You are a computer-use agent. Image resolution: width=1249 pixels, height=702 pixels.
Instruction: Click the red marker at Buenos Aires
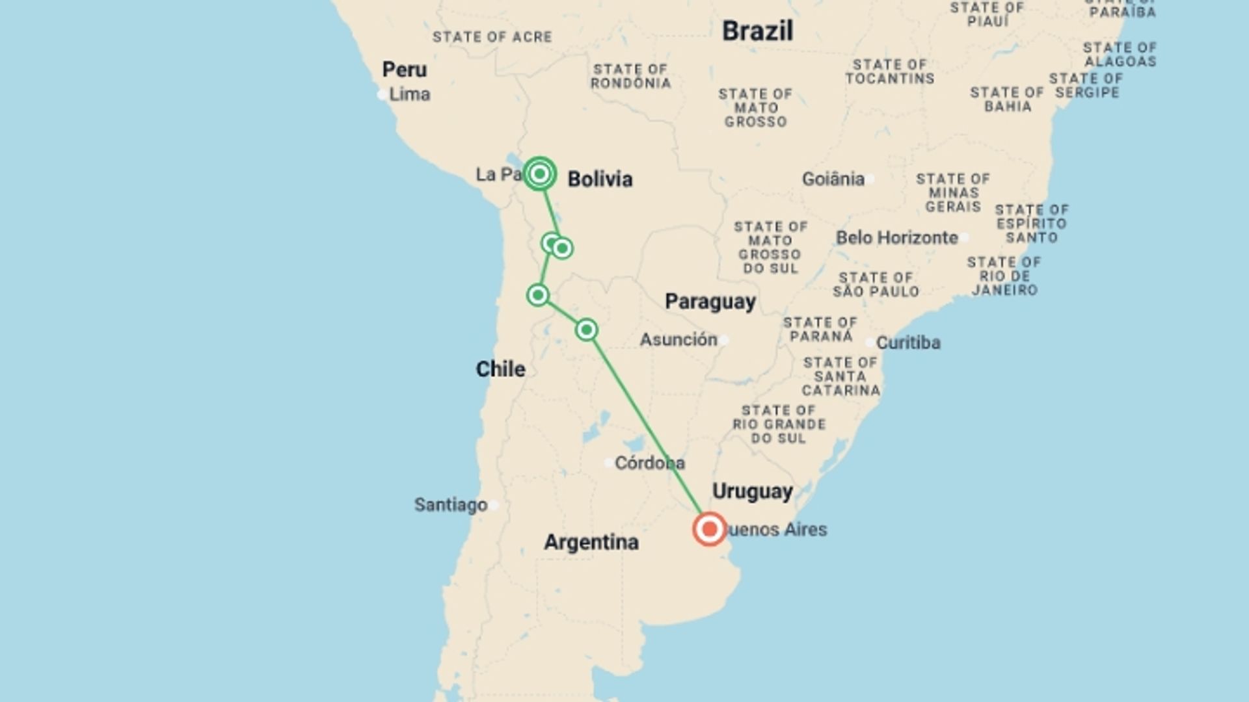click(x=709, y=529)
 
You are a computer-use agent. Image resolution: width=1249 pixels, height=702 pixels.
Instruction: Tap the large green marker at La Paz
click(x=539, y=174)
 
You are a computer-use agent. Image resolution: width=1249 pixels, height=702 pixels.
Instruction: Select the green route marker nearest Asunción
click(x=586, y=330)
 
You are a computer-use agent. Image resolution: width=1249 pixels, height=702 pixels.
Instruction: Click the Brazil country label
click(x=757, y=31)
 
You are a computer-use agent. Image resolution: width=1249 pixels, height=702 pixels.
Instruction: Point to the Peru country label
click(x=404, y=70)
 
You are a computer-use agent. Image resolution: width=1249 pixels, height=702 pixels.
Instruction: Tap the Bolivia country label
click(x=600, y=179)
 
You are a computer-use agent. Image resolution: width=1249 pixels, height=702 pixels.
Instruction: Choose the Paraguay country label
click(x=710, y=302)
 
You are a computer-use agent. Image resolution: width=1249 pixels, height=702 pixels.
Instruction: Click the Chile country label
click(x=500, y=369)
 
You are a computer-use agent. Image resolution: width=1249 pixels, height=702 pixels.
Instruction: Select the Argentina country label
click(x=591, y=542)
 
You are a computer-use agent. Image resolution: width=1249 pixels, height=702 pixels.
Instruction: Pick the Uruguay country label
click(x=752, y=491)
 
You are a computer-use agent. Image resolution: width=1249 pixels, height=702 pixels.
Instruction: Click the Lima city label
click(x=409, y=94)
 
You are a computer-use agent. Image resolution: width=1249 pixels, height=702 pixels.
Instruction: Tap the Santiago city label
click(x=451, y=504)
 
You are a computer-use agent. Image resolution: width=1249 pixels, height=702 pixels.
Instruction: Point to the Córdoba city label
click(x=649, y=463)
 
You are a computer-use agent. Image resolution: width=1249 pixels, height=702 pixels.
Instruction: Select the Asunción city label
click(x=678, y=339)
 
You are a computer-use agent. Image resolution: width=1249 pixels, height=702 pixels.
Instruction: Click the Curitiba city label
click(x=907, y=343)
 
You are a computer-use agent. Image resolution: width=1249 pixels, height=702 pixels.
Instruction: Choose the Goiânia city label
click(x=833, y=179)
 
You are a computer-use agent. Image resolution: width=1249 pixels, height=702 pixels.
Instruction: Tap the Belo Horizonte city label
click(x=896, y=238)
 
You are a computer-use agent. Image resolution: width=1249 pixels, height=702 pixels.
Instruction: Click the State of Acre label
click(x=492, y=37)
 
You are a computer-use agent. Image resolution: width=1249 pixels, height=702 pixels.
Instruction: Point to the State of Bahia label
click(x=1007, y=99)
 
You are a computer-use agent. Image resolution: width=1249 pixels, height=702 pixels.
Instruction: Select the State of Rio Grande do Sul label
click(x=778, y=424)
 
